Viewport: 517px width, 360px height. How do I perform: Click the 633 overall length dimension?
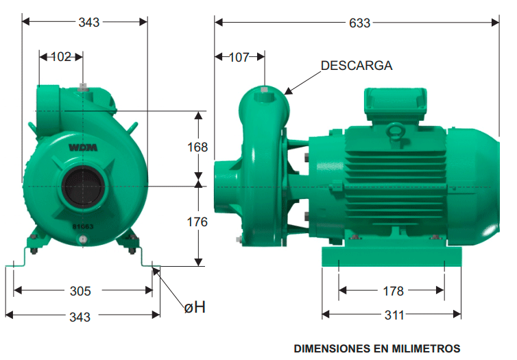click(359, 23)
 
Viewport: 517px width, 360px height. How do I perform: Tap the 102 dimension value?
click(61, 57)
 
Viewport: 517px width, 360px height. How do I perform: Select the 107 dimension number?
click(239, 58)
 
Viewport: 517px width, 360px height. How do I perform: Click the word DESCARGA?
click(357, 66)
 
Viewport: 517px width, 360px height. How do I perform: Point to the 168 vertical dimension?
click(197, 147)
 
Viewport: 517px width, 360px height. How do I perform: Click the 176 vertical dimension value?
click(197, 222)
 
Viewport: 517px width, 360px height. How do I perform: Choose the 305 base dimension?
click(80, 291)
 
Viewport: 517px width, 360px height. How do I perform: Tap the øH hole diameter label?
click(195, 307)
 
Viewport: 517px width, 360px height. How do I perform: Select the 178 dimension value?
click(393, 291)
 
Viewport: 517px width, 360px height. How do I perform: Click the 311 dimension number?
click(394, 315)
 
